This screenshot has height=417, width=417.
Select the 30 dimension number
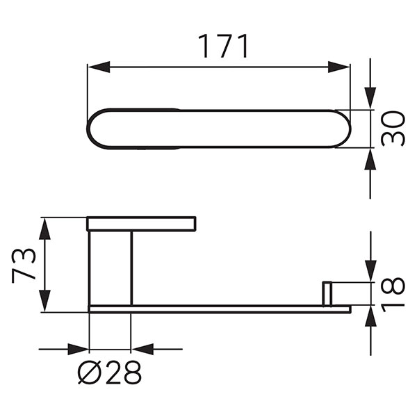tap(394, 128)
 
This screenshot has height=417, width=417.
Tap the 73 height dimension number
tap(25, 265)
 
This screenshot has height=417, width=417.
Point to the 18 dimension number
tap(394, 295)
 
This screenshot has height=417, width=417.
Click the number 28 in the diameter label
tap(124, 374)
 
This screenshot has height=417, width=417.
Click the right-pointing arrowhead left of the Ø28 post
tap(79, 349)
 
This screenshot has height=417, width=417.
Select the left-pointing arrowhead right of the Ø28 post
tap(141, 349)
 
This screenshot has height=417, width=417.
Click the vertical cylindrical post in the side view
tap(110, 268)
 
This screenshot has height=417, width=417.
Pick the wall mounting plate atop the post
tap(141, 224)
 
